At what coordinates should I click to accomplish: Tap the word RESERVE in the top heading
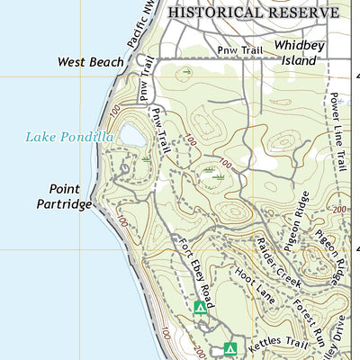coord(302,13)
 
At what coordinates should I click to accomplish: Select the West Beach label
coord(87,63)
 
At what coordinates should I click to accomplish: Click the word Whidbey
coord(299,45)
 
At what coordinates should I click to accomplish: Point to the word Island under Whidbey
coord(298,60)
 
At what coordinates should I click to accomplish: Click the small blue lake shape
coord(130,135)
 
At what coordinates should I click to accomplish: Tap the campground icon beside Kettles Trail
coord(229,348)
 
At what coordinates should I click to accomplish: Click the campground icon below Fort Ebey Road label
coord(200,308)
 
